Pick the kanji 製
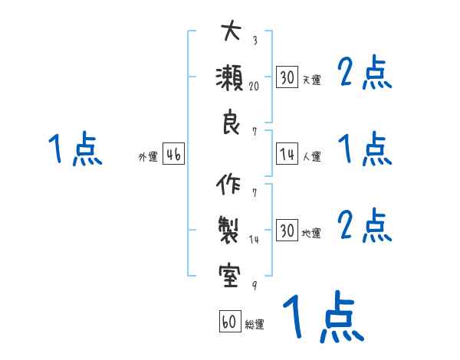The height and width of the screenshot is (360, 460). (x=230, y=230)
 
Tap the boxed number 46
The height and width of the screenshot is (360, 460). (x=173, y=155)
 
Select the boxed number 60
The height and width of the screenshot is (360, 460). (x=228, y=322)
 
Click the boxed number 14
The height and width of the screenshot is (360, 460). (x=286, y=155)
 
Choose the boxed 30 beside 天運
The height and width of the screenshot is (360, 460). (x=286, y=77)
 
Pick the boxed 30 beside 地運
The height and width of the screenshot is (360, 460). (x=286, y=230)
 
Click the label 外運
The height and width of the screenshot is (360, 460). (x=147, y=157)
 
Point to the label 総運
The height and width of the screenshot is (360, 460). (x=255, y=325)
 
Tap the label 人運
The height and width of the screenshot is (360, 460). (x=311, y=157)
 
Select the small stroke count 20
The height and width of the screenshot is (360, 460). (x=254, y=87)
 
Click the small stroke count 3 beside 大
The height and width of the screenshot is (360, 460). (x=254, y=41)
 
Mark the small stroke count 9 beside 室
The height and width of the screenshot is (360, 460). (x=254, y=285)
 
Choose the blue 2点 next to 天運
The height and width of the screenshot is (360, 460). (x=365, y=74)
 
